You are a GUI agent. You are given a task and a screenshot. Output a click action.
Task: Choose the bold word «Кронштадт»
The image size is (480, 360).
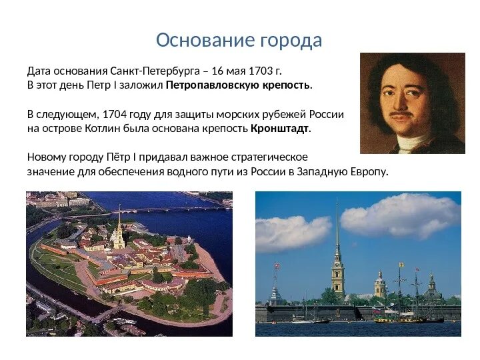pyautogui.click(x=280, y=128)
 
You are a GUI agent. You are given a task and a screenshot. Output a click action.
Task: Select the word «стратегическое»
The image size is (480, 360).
pyautogui.click(x=269, y=157)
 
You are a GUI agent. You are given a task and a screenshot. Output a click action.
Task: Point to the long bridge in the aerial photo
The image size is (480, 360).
pyautogui.click(x=153, y=210)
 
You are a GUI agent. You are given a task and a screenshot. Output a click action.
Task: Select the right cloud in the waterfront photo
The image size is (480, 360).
pyautogui.click(x=400, y=215)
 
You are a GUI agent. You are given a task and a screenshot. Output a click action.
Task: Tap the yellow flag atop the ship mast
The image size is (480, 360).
pyautogui.click(x=401, y=265)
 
